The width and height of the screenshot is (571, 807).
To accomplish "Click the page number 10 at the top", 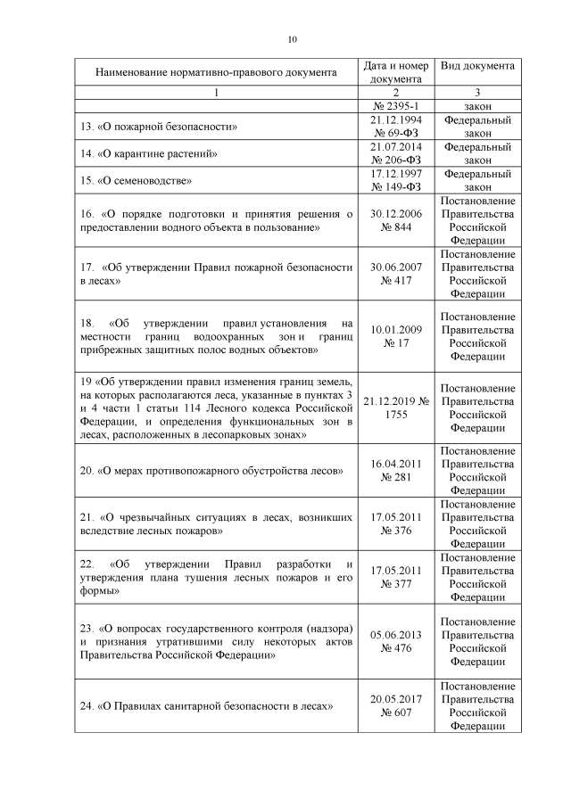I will (292, 39).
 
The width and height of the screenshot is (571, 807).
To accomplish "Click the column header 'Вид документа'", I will (477, 66).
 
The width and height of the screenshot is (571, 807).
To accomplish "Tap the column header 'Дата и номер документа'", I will (395, 72).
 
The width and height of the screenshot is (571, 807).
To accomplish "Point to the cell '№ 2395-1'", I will (395, 106).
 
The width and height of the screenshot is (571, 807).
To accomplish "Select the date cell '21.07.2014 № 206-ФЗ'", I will (395, 153).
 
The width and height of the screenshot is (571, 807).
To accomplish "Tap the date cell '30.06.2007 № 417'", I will (395, 274).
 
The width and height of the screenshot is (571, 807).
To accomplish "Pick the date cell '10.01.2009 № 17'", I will (395, 336).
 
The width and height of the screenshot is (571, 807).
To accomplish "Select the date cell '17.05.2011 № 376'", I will (395, 523).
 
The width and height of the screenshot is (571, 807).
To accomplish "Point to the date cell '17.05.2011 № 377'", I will (395, 578).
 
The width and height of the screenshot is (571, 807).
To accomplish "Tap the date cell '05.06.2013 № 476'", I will (395, 641).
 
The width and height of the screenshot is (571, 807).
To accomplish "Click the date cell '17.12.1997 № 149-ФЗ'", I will (395, 180).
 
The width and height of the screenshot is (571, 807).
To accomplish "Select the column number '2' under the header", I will (395, 93).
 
